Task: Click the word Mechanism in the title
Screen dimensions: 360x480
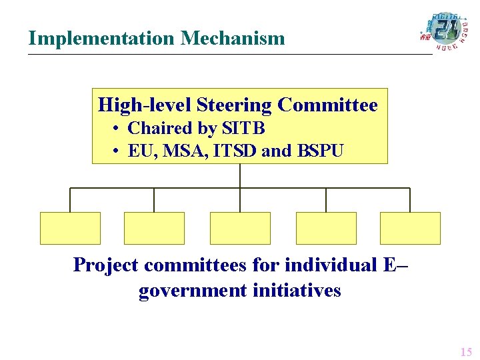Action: [233, 39]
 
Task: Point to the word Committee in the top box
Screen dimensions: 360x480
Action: [327, 105]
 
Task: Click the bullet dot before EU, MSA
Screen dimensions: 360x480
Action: [116, 151]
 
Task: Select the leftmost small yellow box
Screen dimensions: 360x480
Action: [70, 228]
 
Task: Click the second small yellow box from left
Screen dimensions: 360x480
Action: [154, 228]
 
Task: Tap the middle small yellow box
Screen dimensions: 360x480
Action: [240, 228]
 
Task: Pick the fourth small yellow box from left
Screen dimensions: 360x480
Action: [326, 228]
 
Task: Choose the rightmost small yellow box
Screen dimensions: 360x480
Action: [410, 228]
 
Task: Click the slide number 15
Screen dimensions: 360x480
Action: [465, 351]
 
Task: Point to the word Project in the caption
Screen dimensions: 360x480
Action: [106, 265]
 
